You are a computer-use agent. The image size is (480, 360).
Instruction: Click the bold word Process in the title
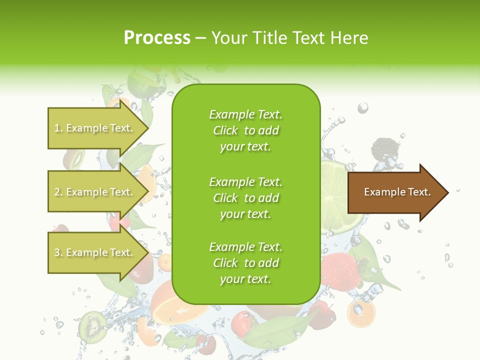(x=157, y=37)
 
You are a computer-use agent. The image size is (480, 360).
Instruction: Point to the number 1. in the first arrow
(x=58, y=128)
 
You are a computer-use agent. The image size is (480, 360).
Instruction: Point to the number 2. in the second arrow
(x=58, y=192)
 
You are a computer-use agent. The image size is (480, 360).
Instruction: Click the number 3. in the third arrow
(x=58, y=252)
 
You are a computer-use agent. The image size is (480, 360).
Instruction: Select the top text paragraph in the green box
(x=245, y=130)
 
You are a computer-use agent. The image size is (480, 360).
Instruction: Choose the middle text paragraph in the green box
(x=245, y=198)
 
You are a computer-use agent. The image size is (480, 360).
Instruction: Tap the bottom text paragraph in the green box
(x=245, y=263)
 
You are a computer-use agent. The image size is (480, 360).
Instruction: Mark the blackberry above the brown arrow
(x=385, y=149)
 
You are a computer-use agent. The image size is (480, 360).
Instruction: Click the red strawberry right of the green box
(x=340, y=270)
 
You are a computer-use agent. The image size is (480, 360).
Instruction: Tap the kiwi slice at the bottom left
(x=92, y=325)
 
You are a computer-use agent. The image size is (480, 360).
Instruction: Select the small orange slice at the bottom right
(x=361, y=312)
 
